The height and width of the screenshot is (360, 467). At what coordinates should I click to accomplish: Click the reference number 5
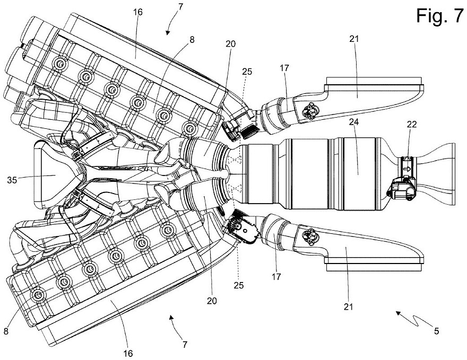(x=436, y=332)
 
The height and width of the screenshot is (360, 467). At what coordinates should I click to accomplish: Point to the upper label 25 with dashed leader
(x=246, y=72)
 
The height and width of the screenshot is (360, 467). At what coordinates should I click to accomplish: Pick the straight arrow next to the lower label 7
(x=171, y=318)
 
